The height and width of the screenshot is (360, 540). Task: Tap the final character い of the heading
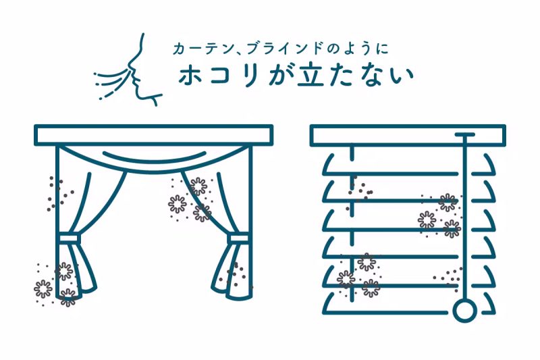402,75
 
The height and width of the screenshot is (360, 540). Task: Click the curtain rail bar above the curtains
153,135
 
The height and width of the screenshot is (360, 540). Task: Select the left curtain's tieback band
69,240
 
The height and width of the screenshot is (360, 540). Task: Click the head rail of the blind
408,135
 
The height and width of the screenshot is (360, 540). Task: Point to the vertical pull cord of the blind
464,223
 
